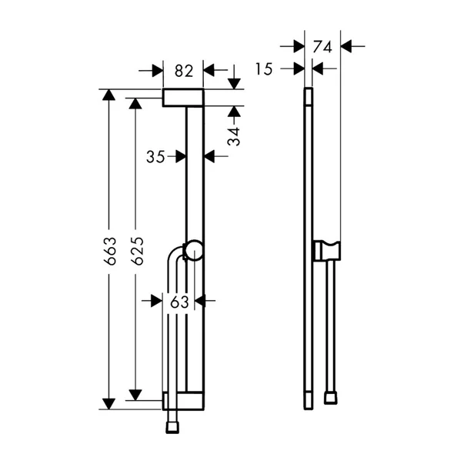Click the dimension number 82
(183, 71)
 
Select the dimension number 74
(322, 46)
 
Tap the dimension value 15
(264, 69)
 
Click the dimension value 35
(155, 156)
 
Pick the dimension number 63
(179, 302)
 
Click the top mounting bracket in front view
(183, 97)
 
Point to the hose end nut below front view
(171, 422)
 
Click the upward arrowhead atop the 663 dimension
(109, 95)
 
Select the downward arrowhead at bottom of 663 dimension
(109, 402)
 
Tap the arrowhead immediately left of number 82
(157, 71)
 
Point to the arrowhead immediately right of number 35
(211, 156)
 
